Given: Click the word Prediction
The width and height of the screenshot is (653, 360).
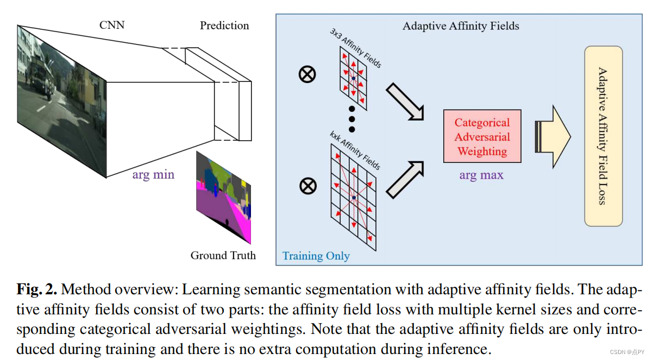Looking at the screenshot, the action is tap(224, 26).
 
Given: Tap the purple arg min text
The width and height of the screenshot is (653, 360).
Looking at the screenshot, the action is tap(153, 175).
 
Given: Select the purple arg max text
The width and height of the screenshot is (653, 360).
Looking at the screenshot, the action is tap(481, 175).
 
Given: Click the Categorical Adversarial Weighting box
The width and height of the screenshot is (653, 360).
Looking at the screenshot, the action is tap(482, 137).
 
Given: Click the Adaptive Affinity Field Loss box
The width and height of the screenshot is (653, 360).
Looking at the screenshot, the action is tap(603, 136).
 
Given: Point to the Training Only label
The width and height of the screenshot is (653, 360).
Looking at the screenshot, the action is tap(316, 256).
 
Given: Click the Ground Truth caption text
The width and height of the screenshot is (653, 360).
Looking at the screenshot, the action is tap(223, 255).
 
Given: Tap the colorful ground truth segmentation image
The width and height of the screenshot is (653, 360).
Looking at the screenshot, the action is tap(223, 195).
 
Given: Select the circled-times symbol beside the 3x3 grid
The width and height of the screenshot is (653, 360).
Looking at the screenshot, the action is tap(307, 74).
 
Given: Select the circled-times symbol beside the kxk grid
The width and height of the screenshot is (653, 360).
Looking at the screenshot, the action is tap(308, 186).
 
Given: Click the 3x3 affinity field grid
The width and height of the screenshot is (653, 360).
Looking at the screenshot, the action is tap(353, 79).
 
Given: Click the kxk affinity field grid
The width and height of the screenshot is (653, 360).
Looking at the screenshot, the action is tap(353, 198).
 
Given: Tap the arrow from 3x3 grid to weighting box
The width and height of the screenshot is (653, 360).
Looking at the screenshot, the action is tap(405, 101).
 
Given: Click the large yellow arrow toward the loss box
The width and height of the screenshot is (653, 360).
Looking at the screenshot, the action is tap(552, 137).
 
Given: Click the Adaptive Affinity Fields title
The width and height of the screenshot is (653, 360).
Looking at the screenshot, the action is tap(461, 26).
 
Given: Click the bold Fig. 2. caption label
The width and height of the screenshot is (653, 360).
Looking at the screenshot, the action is tap(36, 289).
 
